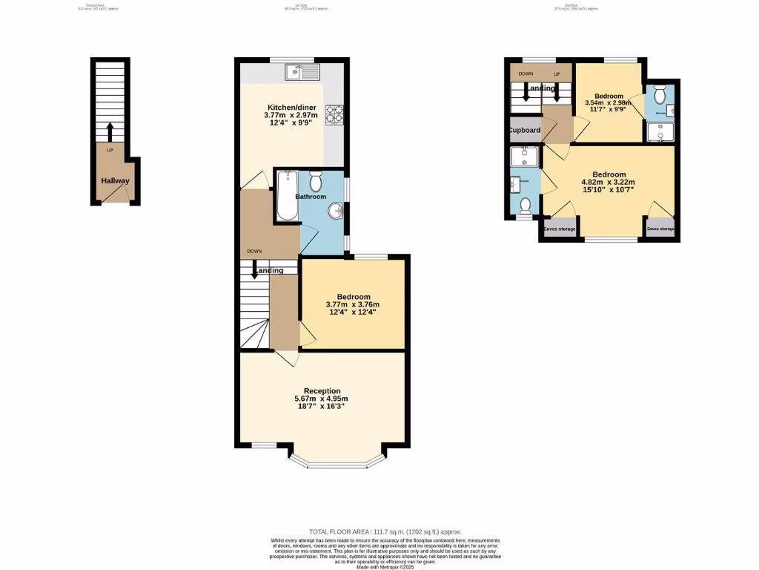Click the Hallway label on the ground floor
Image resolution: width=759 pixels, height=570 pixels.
click(x=116, y=181)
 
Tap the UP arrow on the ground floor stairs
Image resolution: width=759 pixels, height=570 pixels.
click(x=110, y=132)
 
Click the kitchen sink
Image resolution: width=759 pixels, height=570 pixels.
click(x=302, y=72)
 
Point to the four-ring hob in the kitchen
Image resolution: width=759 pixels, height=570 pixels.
click(x=334, y=114)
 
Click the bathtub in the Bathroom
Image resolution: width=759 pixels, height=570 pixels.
click(x=286, y=196)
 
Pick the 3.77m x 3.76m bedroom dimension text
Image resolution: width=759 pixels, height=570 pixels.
click(x=352, y=304)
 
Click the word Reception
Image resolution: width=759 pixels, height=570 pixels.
click(x=322, y=391)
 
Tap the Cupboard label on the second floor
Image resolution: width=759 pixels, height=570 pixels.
click(x=524, y=130)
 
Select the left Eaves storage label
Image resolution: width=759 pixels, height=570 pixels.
click(x=560, y=229)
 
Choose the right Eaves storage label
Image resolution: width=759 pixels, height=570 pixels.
click(x=660, y=229)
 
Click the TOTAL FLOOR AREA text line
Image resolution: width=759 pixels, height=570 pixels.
click(x=385, y=532)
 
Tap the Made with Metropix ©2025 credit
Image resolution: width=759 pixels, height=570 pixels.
click(x=385, y=567)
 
